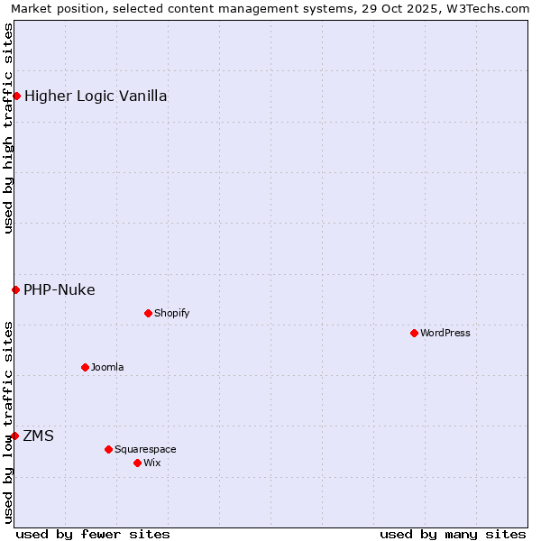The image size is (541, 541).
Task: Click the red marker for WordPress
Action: (x=414, y=333)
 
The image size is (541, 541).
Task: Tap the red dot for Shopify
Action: (x=148, y=313)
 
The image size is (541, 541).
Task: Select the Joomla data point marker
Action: (x=85, y=367)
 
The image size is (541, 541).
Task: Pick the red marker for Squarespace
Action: (x=108, y=449)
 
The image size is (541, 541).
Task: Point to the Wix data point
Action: (x=137, y=463)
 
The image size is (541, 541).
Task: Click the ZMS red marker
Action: (x=14, y=436)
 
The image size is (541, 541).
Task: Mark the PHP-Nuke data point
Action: (x=15, y=289)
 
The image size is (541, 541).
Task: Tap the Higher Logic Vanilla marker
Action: (x=16, y=96)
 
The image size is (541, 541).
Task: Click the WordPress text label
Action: (x=445, y=333)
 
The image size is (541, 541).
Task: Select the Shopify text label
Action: (x=171, y=313)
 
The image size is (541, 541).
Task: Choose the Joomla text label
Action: (x=107, y=367)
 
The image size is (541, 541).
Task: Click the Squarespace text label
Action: (x=145, y=449)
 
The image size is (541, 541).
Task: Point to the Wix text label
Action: (x=152, y=463)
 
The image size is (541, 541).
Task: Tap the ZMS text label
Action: (x=38, y=436)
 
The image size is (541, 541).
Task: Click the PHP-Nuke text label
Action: (x=60, y=289)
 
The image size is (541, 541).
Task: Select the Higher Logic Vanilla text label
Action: (x=96, y=96)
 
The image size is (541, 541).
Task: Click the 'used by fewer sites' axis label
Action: (x=93, y=534)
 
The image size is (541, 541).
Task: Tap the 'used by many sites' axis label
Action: (x=453, y=534)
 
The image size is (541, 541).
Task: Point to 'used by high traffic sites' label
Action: (x=8, y=128)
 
